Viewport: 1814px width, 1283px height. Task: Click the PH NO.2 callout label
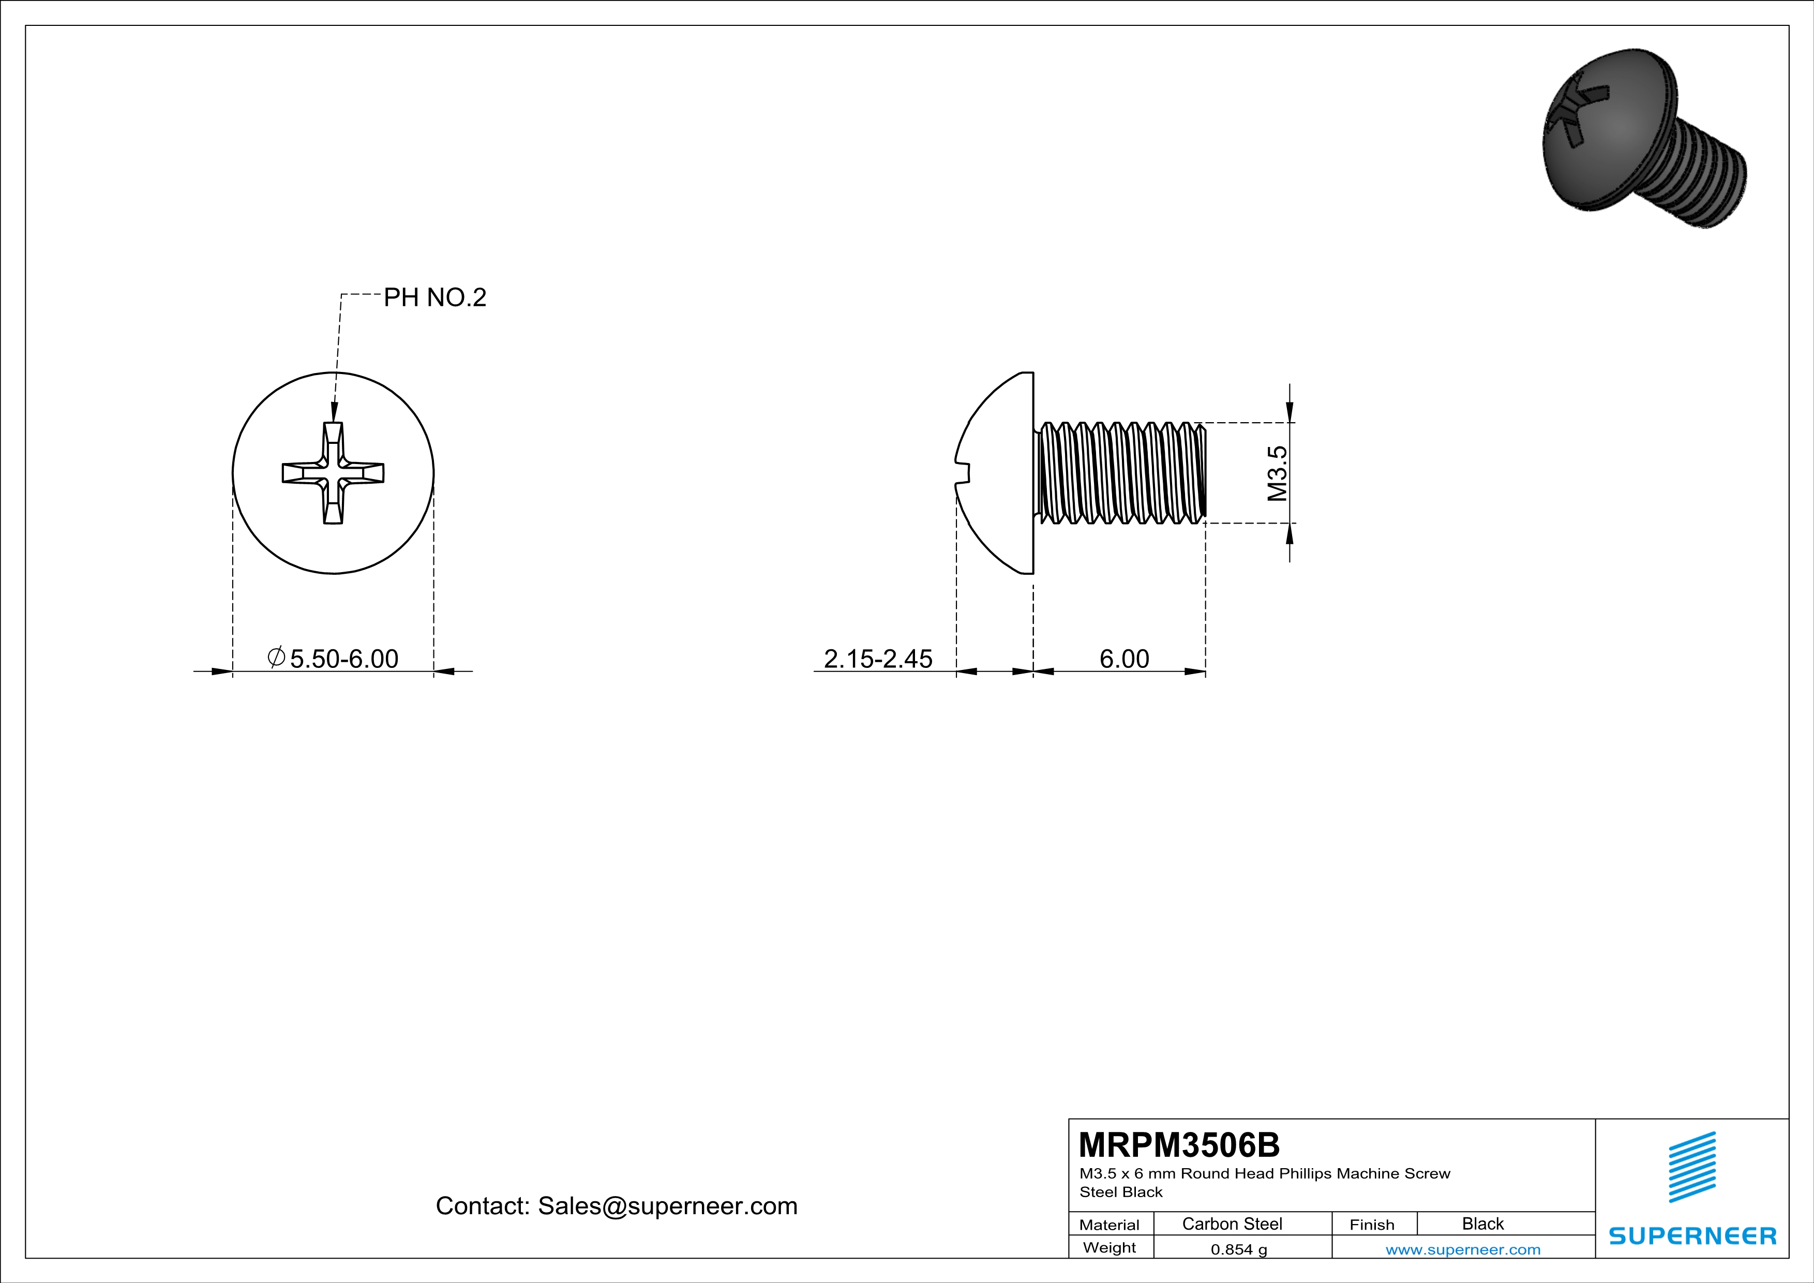[x=434, y=298]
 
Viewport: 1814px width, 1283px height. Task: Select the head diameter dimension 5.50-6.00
[x=343, y=658]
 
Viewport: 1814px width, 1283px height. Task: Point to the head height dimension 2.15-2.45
[x=878, y=658]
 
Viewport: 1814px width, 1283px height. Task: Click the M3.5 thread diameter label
[x=1277, y=473]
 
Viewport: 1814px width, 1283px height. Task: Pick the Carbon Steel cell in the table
[x=1232, y=1224]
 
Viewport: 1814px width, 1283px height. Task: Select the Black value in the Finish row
[x=1482, y=1224]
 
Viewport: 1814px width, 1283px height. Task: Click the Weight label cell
[x=1110, y=1247]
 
